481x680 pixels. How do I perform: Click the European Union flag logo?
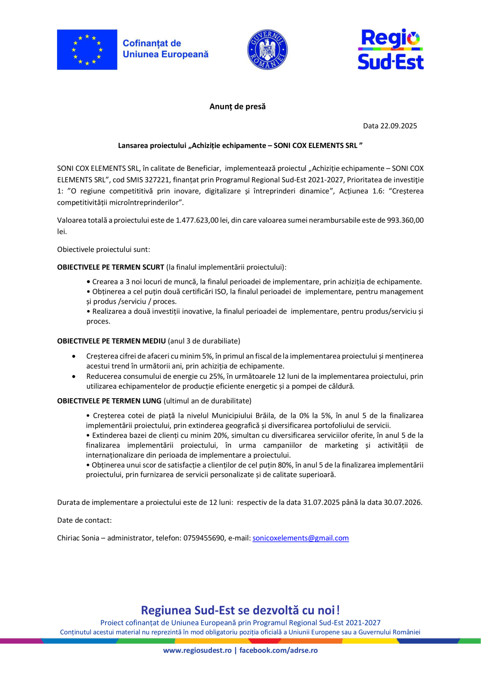click(87, 49)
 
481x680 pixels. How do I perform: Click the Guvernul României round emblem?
click(267, 49)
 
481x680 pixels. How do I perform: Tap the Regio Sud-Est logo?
click(390, 49)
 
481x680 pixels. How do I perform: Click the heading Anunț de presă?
click(237, 106)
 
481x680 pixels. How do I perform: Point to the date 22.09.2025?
click(398, 126)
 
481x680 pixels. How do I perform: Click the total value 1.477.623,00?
click(197, 220)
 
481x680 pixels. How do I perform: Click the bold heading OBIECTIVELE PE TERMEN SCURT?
click(111, 267)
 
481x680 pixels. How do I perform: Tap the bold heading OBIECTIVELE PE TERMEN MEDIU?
click(111, 341)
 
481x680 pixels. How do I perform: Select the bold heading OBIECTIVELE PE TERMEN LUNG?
click(109, 401)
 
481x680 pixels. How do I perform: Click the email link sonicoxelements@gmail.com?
click(300, 538)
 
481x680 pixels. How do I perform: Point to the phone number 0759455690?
click(204, 538)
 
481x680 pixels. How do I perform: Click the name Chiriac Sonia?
click(78, 538)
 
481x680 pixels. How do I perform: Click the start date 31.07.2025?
click(321, 502)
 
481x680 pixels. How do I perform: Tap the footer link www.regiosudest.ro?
click(197, 650)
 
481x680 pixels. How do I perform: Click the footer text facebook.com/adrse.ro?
click(278, 650)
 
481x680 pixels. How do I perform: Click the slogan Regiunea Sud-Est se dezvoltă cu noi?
click(240, 610)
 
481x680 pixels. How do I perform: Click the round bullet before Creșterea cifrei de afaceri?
click(74, 356)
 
